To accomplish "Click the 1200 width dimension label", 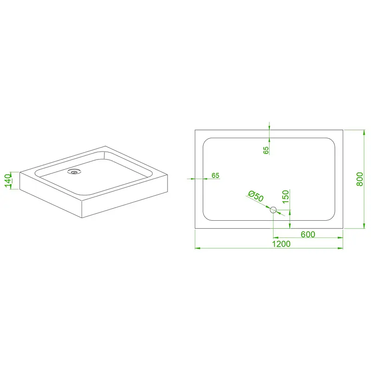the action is point(281,244).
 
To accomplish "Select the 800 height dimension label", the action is point(360,179).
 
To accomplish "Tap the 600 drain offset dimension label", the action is point(308,234).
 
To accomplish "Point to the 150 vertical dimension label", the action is point(286,196).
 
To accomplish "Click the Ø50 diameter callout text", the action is point(256,196).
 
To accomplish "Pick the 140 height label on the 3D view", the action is point(8,180).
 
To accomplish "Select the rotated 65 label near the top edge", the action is point(266,150).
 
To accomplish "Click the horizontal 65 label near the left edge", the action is point(215,175).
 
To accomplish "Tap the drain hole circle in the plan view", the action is point(273,210).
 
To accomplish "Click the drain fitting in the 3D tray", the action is point(74,171).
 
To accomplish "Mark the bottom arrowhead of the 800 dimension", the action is point(364,226).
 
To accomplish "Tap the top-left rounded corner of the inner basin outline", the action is point(205,141).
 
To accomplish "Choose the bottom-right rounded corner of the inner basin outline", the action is point(333,218).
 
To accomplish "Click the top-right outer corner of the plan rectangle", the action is point(343,130).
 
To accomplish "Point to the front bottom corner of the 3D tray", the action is point(82,217).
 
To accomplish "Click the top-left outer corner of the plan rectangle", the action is point(195,130).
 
